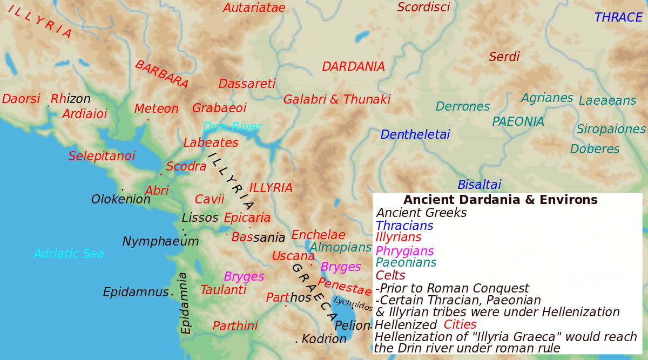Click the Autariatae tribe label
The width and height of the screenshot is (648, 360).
click(x=254, y=8)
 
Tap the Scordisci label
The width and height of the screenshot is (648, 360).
click(x=423, y=8)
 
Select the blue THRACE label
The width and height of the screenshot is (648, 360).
click(x=618, y=18)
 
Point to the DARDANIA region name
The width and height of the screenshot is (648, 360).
click(x=353, y=67)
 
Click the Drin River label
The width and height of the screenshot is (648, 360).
click(x=232, y=127)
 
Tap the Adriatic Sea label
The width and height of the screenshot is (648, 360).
click(x=69, y=254)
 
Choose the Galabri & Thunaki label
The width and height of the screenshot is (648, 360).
click(x=336, y=100)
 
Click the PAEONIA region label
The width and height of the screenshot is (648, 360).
click(x=518, y=122)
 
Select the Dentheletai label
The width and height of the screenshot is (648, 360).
click(x=415, y=135)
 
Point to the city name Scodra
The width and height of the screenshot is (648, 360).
click(x=186, y=167)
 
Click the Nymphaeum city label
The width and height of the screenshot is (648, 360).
click(x=161, y=242)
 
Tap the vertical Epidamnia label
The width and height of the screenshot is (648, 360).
click(x=184, y=303)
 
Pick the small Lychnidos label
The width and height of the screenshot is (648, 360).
click(x=353, y=304)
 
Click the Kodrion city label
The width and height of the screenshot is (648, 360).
click(x=324, y=339)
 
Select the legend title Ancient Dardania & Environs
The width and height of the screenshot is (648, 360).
click(x=500, y=200)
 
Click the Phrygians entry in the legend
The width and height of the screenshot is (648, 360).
click(x=404, y=251)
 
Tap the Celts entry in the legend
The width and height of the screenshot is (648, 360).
click(x=390, y=276)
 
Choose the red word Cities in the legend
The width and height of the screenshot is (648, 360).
click(x=460, y=325)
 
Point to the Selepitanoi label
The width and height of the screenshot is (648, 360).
click(x=102, y=157)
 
